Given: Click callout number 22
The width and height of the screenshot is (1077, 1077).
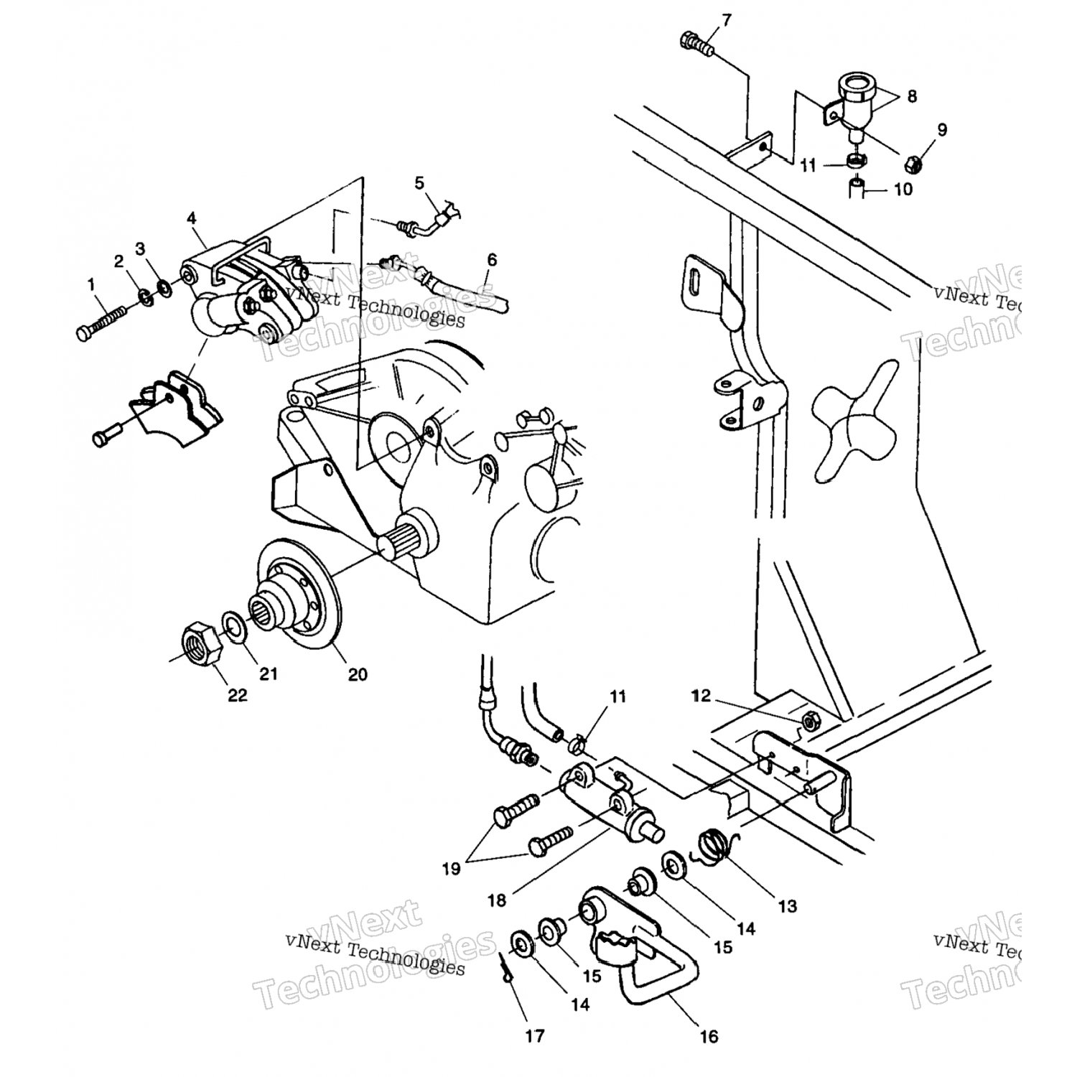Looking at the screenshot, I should coord(238,695).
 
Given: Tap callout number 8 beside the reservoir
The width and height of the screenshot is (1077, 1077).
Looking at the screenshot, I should coord(911,95).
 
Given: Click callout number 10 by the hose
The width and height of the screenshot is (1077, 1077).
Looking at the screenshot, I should coord(903,190).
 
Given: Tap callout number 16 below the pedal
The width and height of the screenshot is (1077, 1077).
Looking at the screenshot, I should coord(708,1036).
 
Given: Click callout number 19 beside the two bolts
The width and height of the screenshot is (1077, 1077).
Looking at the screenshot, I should coord(450,869).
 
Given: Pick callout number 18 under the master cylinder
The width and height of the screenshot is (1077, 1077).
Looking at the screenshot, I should coord(498,900).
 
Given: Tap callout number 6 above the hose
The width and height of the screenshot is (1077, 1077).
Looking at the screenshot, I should coord(492,259).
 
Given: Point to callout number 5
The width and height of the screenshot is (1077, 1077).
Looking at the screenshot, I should coord(419,183).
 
